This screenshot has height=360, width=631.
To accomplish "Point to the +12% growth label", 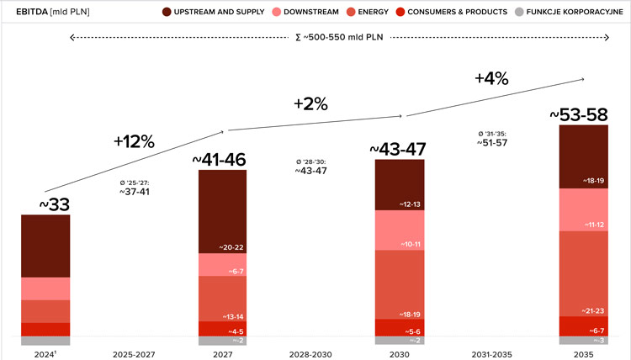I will coord(134,141).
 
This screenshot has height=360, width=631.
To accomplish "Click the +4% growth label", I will coord(491,78).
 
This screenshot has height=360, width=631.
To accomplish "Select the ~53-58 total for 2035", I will coord(583,114).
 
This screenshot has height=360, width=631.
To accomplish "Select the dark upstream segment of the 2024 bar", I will coord(45,246).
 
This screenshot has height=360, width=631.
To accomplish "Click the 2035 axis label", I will coord(583,354).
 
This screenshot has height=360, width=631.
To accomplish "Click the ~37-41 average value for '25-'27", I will coord(135,192).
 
